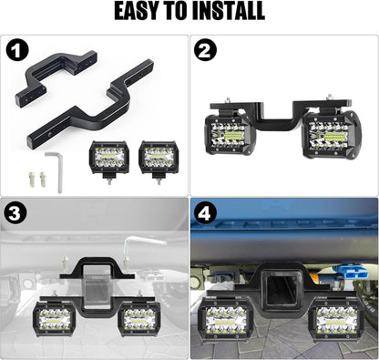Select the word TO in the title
click(x=180, y=12)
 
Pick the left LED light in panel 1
click(x=109, y=157)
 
